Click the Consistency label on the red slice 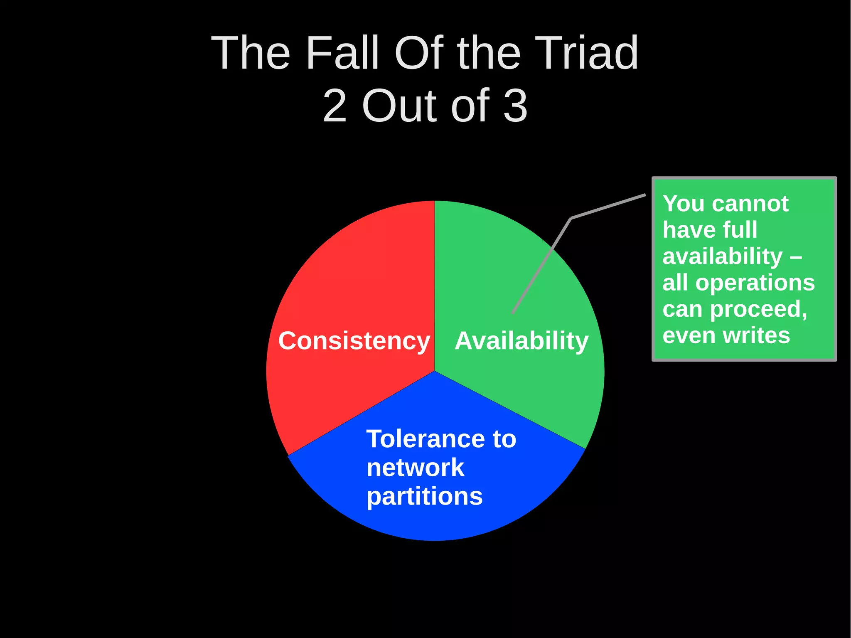pyautogui.click(x=354, y=341)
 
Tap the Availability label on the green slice pyautogui.click(x=521, y=341)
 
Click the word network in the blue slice pyautogui.click(x=415, y=468)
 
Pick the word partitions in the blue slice pyautogui.click(x=424, y=496)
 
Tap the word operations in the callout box pyautogui.click(x=755, y=283)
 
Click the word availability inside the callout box pyautogui.click(x=722, y=256)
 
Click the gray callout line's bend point pyautogui.click(x=571, y=218)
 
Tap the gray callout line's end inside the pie pyautogui.click(x=513, y=313)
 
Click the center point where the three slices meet pyautogui.click(x=435, y=371)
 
